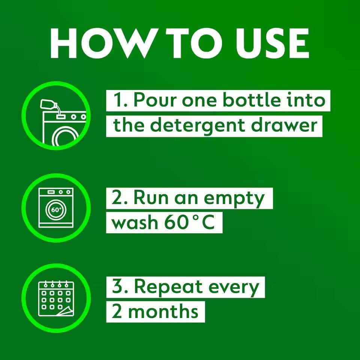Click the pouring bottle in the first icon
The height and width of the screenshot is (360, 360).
pyautogui.click(x=49, y=105)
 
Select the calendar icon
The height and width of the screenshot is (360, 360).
pyautogui.click(x=56, y=298)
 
